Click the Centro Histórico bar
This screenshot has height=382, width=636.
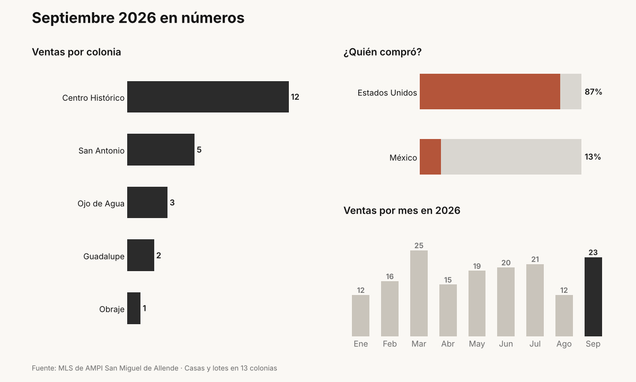coord(208,97)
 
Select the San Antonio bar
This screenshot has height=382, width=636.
coord(161,150)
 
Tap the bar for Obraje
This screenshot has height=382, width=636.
coord(134,308)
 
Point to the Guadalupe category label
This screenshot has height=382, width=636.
coord(104,256)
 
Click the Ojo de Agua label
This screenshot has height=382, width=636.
coord(101,204)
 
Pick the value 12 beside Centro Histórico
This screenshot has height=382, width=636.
coord(295,97)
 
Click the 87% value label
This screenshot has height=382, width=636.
coord(594,91)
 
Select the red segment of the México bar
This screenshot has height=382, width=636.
coord(430,157)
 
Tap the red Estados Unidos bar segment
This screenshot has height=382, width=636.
coord(490,91)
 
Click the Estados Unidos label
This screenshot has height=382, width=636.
coord(387,93)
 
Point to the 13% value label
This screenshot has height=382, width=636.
coord(593,157)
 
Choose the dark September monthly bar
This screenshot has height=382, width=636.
coord(593,297)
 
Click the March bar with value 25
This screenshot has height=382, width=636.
coord(419,293)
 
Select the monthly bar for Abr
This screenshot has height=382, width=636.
coord(448,310)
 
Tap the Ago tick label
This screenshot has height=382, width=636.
coord(564,344)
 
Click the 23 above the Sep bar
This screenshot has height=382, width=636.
coord(593,253)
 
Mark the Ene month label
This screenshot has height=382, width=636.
coord(360,344)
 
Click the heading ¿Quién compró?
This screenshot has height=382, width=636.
coord(383,52)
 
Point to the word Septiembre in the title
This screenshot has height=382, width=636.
coord(73,18)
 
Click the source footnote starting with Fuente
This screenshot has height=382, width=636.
coord(154,368)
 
